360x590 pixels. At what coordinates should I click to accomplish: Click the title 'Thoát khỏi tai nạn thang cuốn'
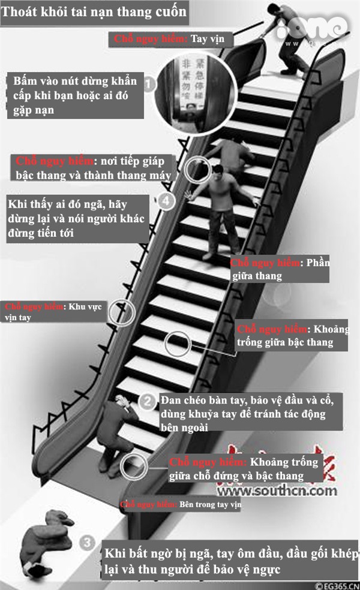click(95, 11)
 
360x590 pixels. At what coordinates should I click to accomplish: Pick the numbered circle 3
click(88, 543)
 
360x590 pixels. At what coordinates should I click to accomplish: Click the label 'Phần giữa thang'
click(280, 269)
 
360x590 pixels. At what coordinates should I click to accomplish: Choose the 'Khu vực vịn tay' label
click(53, 312)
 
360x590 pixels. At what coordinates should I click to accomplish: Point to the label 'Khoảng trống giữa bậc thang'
click(294, 336)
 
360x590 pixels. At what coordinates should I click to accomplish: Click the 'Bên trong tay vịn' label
click(180, 505)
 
